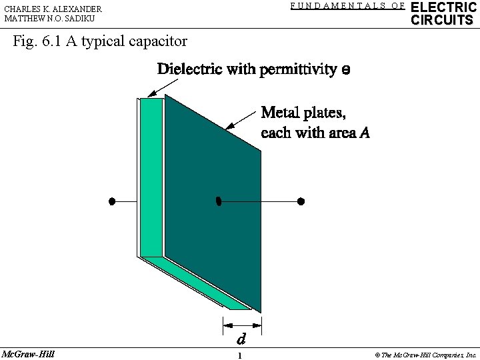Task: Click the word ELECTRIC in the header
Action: pyautogui.click(x=444, y=7)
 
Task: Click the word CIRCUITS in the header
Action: pyautogui.click(x=442, y=20)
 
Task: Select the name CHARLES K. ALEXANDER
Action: pyautogui.click(x=53, y=9)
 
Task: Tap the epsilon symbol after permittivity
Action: pyautogui.click(x=345, y=70)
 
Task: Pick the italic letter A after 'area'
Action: pyautogui.click(x=364, y=133)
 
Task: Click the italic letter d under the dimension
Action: pyautogui.click(x=241, y=339)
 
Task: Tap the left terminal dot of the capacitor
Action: pyautogui.click(x=113, y=201)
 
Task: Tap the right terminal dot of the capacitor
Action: pyautogui.click(x=301, y=201)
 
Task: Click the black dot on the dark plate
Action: pyautogui.click(x=218, y=201)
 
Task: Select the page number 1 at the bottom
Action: pyautogui.click(x=239, y=355)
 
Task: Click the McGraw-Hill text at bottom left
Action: pyautogui.click(x=28, y=353)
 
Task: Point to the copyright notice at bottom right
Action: pyautogui.click(x=425, y=355)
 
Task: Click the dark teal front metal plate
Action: pyautogui.click(x=213, y=240)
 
